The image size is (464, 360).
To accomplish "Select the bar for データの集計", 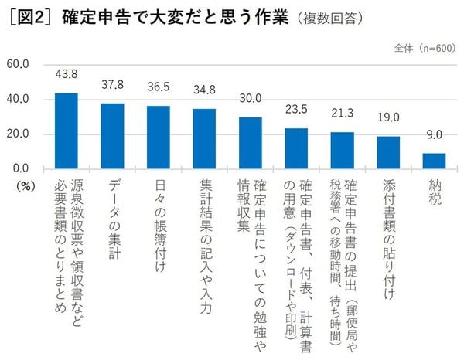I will (112, 136).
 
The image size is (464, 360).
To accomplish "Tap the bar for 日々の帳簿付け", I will (159, 137).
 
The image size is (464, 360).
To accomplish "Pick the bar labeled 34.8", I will (204, 138).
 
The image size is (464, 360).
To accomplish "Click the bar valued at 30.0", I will (251, 143).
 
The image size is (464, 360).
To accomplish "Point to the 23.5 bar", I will (296, 148).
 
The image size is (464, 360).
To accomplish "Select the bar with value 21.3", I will (342, 150).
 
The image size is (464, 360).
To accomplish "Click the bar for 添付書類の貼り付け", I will (388, 152).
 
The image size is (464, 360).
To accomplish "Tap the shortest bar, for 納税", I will (434, 161).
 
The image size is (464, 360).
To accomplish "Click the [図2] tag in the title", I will (29, 16).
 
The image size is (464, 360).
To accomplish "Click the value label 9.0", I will (434, 134).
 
